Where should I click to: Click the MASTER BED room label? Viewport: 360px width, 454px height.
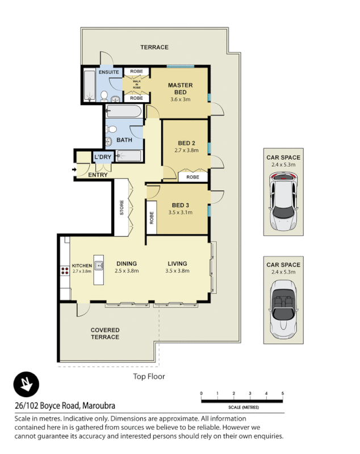(180, 89)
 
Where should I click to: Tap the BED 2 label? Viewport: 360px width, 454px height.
(183, 142)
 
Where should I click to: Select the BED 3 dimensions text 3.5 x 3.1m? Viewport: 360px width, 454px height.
(180, 213)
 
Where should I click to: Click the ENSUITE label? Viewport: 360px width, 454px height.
(109, 72)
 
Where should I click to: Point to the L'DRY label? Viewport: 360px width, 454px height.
(103, 157)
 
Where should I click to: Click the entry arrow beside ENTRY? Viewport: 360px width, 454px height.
(75, 169)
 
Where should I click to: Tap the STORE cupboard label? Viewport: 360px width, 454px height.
(122, 207)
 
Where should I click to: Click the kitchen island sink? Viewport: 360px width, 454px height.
(98, 264)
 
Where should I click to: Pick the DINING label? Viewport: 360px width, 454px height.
(127, 263)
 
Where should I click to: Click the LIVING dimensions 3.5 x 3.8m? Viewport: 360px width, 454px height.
(177, 271)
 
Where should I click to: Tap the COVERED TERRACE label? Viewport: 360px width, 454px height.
(105, 334)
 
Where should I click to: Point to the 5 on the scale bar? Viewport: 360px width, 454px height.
(282, 393)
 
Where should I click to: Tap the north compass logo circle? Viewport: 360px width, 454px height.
(26, 385)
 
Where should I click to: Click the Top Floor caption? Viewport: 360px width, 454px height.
(148, 376)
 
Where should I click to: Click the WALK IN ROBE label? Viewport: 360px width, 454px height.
(137, 85)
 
